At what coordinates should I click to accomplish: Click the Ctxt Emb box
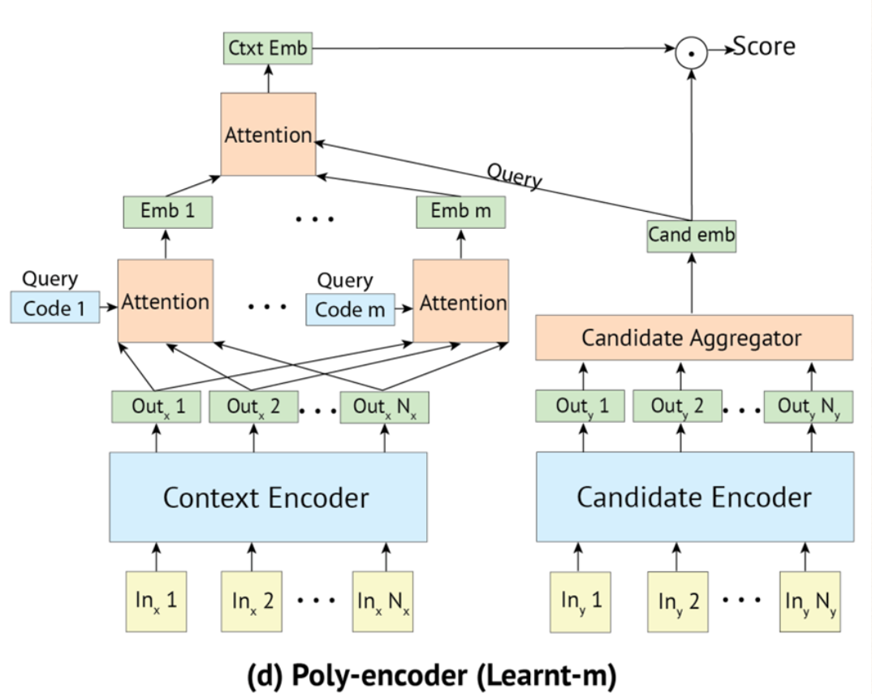click(x=268, y=49)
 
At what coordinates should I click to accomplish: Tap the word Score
click(x=764, y=47)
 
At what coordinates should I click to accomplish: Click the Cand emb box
click(x=692, y=236)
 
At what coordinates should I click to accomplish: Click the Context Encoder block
click(x=267, y=497)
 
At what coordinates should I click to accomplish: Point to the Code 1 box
click(x=54, y=308)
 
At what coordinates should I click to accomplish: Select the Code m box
click(x=350, y=308)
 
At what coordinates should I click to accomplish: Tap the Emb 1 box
click(x=166, y=212)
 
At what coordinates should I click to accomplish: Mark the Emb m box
click(x=460, y=212)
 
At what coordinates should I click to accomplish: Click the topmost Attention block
click(x=268, y=134)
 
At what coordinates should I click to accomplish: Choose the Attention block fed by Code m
click(x=461, y=301)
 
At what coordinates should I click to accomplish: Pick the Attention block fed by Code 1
click(x=166, y=301)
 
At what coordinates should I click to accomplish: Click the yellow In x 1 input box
click(x=158, y=601)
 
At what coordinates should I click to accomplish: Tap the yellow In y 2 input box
click(x=679, y=601)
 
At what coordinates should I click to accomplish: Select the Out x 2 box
click(x=253, y=407)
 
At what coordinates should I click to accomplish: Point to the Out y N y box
click(x=809, y=407)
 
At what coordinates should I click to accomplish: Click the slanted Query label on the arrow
click(x=515, y=175)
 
